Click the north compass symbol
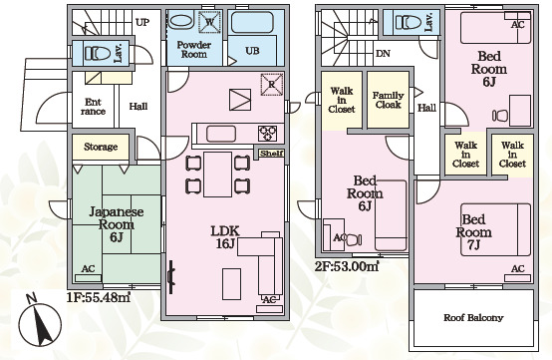coord(40,323)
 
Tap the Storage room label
coord(101,147)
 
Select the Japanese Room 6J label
coord(117,224)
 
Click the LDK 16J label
coord(225,237)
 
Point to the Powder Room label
coord(194,50)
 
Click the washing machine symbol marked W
coord(209,22)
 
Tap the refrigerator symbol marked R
coord(272,84)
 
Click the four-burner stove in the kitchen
coord(268,134)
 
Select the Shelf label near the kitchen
coord(271,154)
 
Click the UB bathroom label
coord(252,51)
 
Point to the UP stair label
coord(142,23)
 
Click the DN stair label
coord(383,54)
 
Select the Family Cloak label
coord(388,100)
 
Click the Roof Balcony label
coord(473,318)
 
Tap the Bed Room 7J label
coord(474,232)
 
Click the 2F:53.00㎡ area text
coord(347,266)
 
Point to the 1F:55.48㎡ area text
coord(99,297)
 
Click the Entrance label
coord(93,107)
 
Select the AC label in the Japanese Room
coord(88,269)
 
